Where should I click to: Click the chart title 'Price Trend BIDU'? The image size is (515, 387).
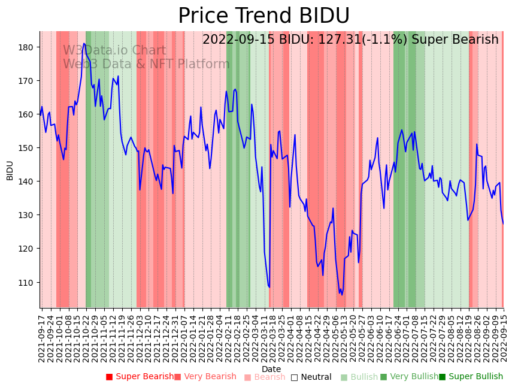point(263,16)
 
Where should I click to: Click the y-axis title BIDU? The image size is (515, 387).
point(10,170)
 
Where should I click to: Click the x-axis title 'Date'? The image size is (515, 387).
point(271,369)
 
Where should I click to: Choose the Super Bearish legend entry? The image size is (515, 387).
point(140,377)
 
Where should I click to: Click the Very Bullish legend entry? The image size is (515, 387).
point(410,377)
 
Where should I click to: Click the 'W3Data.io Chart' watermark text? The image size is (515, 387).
point(114,51)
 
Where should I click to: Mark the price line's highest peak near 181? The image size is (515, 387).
point(84,43)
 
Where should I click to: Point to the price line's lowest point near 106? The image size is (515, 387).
point(342,295)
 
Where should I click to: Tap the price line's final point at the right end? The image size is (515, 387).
point(503,223)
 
